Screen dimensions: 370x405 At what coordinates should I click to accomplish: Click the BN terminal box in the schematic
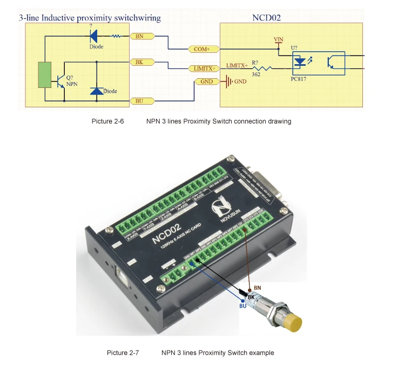tap(139, 36)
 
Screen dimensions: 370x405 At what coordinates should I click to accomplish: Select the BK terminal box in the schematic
tap(139, 63)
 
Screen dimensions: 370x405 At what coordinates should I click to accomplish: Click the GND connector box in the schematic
tap(205, 82)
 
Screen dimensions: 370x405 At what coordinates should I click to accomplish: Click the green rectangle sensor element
tap(45, 75)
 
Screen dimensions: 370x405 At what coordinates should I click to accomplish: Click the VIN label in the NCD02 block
tap(279, 39)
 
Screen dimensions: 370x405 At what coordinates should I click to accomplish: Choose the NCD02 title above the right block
tap(266, 18)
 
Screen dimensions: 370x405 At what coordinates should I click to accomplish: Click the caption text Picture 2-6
tap(107, 121)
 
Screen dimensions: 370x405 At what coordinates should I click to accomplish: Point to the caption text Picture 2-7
tap(123, 353)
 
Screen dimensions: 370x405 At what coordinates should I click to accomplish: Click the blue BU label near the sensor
tap(242, 306)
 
